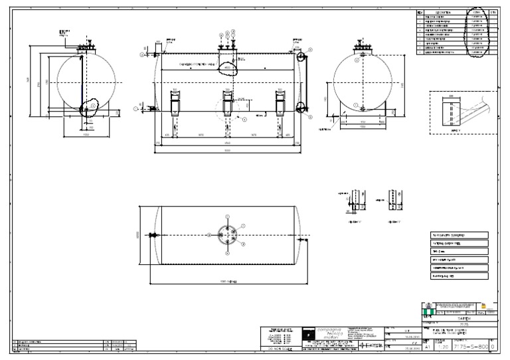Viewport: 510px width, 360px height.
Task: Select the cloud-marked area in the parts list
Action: [477, 32]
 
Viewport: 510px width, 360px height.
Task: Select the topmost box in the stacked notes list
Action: [458, 235]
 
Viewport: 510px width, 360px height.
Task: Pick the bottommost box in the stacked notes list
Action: [458, 275]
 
